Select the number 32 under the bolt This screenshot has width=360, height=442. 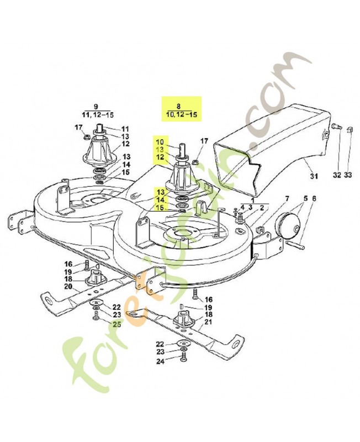pyautogui.click(x=337, y=176)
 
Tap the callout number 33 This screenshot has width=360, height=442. pyautogui.click(x=347, y=176)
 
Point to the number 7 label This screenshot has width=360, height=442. pyautogui.click(x=287, y=198)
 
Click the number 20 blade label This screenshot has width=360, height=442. pyautogui.click(x=68, y=287)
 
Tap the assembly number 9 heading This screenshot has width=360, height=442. pyautogui.click(x=96, y=106)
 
